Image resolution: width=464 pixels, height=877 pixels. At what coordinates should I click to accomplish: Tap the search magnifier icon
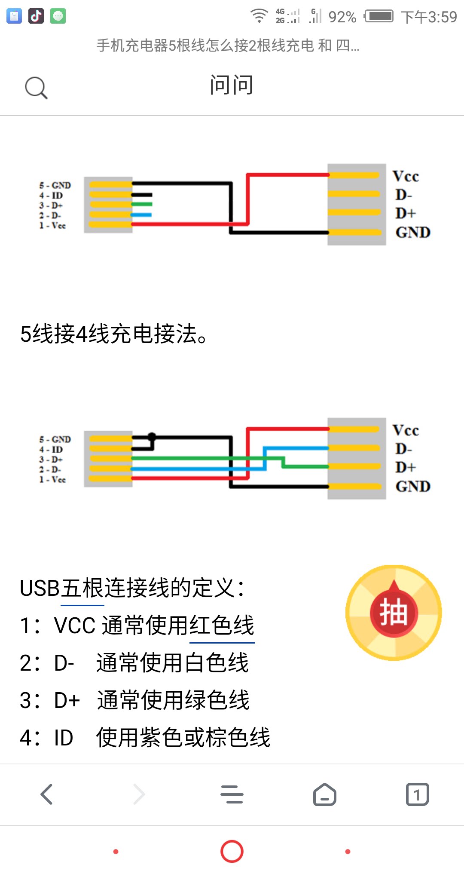pos(36,88)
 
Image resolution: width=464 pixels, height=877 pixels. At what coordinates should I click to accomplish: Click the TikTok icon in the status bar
pos(36,16)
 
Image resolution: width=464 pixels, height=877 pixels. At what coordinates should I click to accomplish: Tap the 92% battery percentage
pos(342,17)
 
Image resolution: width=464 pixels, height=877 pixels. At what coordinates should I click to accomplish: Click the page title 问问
pos(232,85)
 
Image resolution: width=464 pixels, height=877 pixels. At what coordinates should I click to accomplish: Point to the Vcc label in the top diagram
pos(406,176)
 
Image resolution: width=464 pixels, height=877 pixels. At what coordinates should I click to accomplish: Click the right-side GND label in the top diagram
pos(413,233)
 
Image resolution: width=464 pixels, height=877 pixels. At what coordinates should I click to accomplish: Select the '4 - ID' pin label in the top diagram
pos(51,196)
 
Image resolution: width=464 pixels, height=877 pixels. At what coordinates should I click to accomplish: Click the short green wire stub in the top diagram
pos(142,204)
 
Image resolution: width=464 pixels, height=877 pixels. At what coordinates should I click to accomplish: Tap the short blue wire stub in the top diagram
pos(142,215)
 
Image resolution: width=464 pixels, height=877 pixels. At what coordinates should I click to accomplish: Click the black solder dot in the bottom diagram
pos(152,436)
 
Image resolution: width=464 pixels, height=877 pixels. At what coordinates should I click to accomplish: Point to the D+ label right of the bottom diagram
pos(406,467)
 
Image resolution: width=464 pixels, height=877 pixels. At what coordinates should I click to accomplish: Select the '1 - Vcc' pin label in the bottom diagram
pos(52,480)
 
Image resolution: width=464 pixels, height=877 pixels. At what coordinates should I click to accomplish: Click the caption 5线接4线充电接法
pos(114,334)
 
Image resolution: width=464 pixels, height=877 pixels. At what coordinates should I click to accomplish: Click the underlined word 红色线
pos(222,625)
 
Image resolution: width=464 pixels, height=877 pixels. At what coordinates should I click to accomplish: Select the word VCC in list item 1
pos(75,626)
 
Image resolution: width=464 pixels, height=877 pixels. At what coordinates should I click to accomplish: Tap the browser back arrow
pos(46,794)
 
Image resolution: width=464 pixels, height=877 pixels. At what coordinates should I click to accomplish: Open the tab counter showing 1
pos(418,794)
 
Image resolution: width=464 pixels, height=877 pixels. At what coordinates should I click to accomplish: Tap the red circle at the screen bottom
pos(232,851)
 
